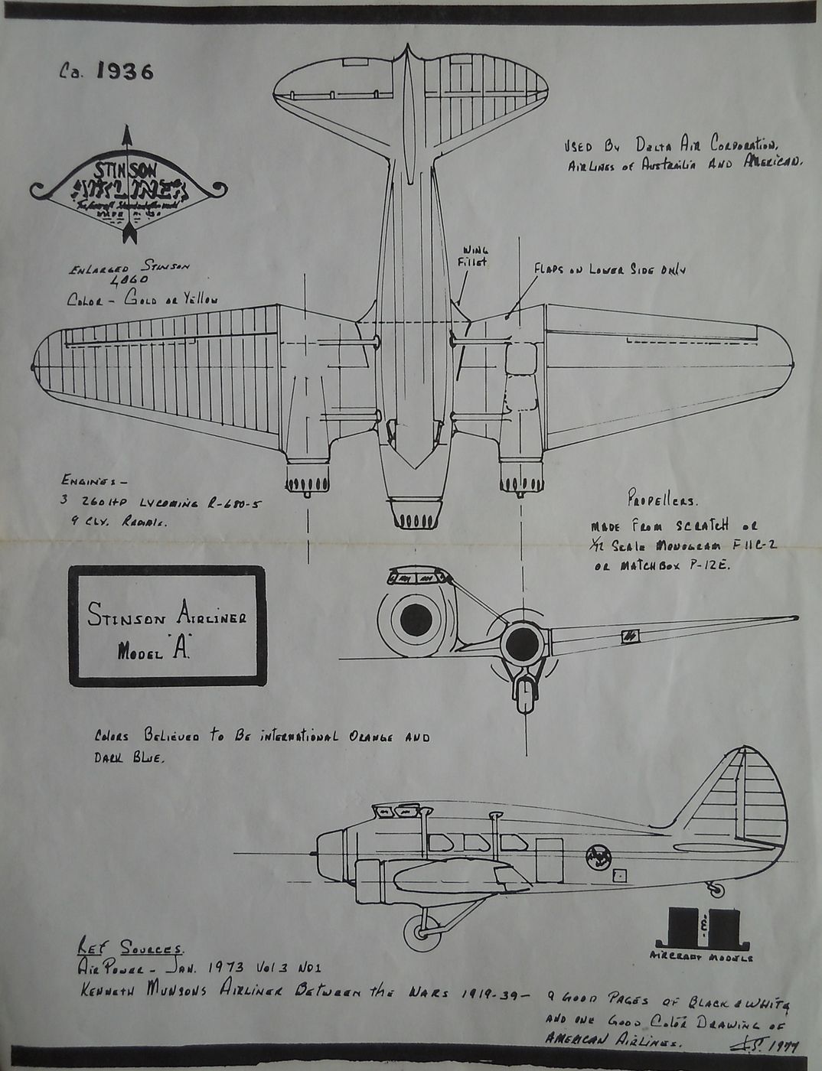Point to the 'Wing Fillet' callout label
[475, 255]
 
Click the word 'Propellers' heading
[661, 503]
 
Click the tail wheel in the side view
[717, 889]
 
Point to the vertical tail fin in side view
[735, 796]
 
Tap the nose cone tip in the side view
[314, 851]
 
